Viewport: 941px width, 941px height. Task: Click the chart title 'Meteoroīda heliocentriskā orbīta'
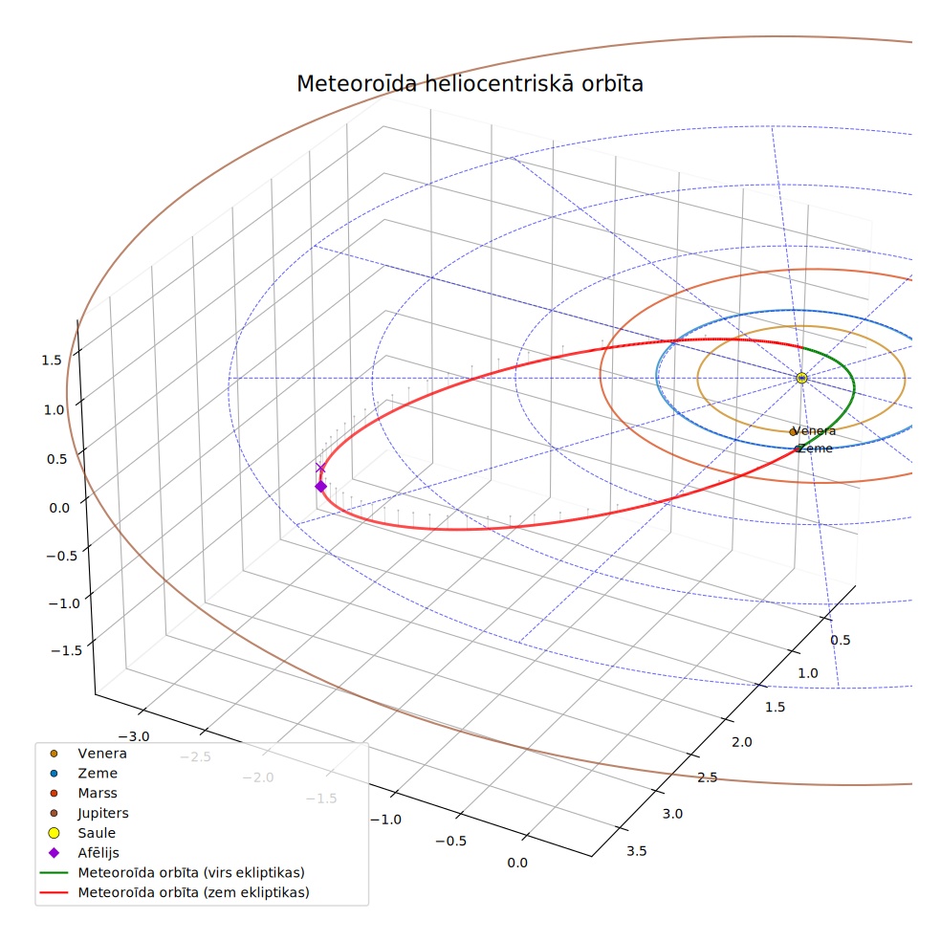click(x=470, y=83)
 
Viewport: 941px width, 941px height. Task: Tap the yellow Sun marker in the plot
click(x=801, y=378)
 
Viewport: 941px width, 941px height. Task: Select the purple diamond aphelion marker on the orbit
click(x=321, y=486)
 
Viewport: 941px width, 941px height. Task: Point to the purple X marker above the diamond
click(x=320, y=468)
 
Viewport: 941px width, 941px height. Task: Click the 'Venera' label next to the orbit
click(x=815, y=431)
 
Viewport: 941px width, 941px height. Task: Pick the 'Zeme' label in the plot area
click(x=816, y=449)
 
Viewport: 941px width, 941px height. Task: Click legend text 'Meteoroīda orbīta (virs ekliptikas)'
click(x=191, y=872)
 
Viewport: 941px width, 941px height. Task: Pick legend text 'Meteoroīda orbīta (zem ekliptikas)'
click(x=194, y=892)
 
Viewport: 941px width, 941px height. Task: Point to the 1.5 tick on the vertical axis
click(x=52, y=361)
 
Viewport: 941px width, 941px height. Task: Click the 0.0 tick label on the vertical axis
click(x=59, y=509)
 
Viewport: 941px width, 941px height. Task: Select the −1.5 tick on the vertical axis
click(x=67, y=650)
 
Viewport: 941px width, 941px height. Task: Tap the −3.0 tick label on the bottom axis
click(x=133, y=736)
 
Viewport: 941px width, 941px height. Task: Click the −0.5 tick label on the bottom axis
click(x=450, y=841)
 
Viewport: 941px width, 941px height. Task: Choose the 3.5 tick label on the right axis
click(x=637, y=851)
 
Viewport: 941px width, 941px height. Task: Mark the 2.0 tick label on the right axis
click(x=742, y=742)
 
